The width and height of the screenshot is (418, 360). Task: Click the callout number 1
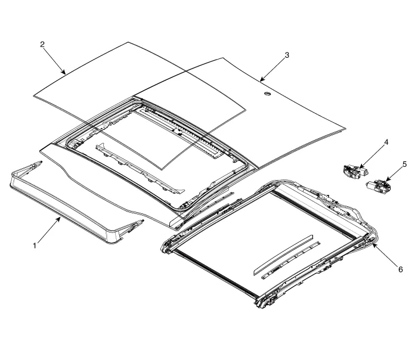[35, 245]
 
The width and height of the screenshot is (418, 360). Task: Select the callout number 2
[42, 45]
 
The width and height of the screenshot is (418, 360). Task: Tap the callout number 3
[287, 55]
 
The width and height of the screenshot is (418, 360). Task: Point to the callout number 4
[386, 142]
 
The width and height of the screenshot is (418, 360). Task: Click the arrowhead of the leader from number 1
[60, 218]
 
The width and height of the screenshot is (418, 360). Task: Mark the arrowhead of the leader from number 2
[66, 74]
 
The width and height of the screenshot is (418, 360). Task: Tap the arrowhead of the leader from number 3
[260, 80]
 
